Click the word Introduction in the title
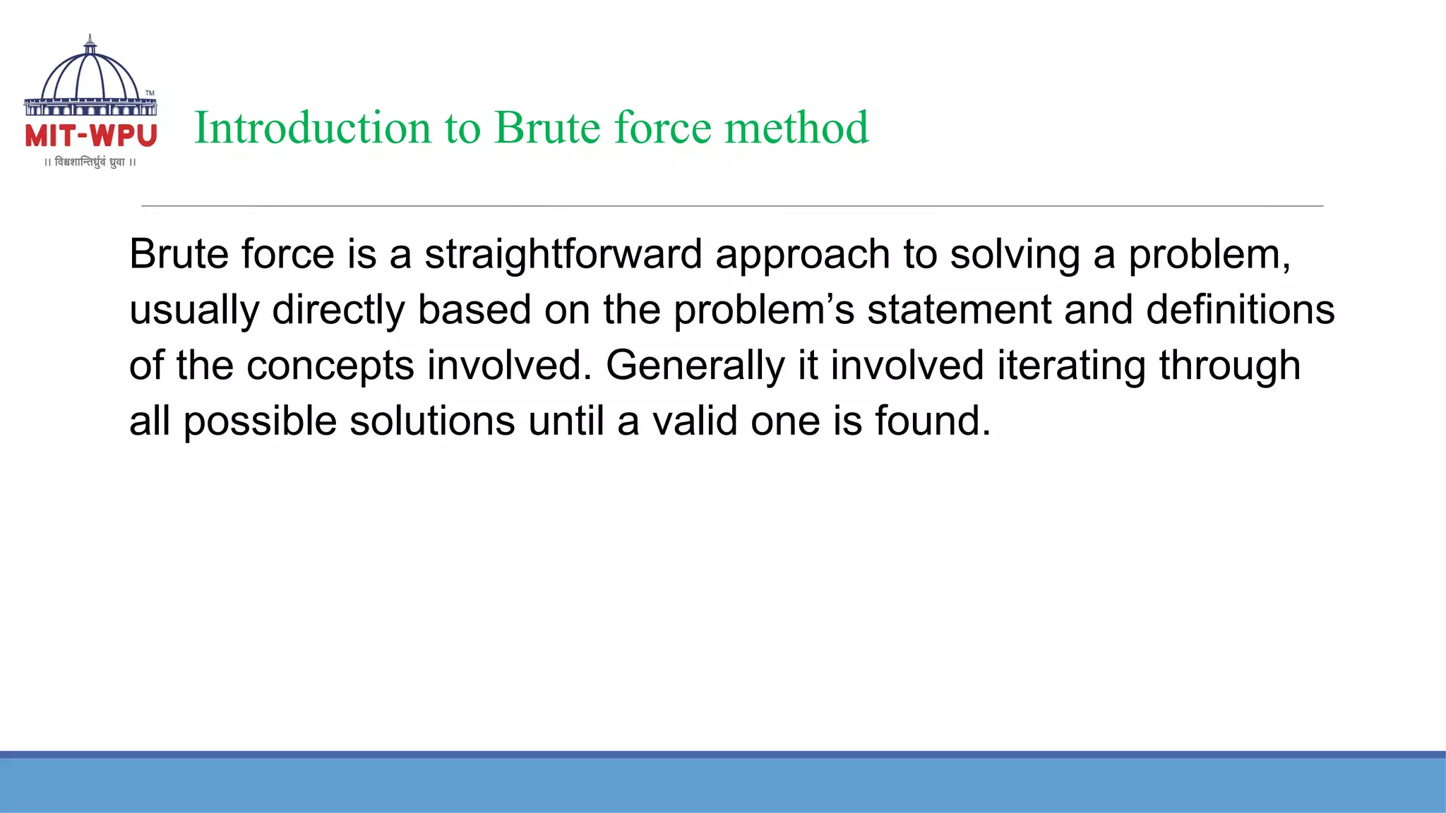point(312,128)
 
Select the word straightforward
point(563,255)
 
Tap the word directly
point(338,311)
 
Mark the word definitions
point(1240,311)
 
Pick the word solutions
point(432,422)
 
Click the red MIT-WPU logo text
point(91,135)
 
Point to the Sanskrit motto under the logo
point(90,162)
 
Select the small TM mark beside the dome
point(150,93)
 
